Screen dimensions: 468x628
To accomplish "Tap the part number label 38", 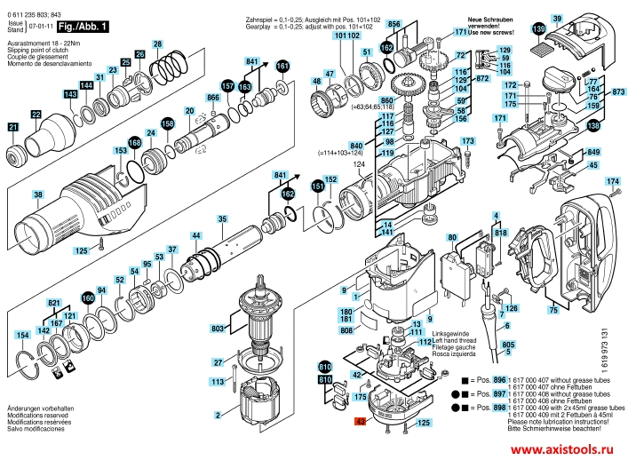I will pyautogui.click(x=37, y=194).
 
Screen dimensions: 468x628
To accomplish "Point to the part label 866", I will pyautogui.click(x=212, y=97).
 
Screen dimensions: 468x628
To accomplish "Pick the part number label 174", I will pyautogui.click(x=611, y=181).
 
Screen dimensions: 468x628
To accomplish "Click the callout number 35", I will pyautogui.click(x=222, y=218).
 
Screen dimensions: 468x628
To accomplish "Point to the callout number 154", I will pyautogui.click(x=20, y=335).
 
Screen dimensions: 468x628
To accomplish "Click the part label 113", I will pyautogui.click(x=217, y=381).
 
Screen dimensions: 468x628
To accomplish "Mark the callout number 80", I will pyautogui.click(x=451, y=237).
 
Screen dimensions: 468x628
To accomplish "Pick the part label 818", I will pyautogui.click(x=500, y=232).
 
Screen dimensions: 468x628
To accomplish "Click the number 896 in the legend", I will pyautogui.click(x=498, y=379).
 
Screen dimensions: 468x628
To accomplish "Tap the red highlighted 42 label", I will pyautogui.click(x=360, y=423).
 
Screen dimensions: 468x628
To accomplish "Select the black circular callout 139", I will pyautogui.click(x=539, y=30).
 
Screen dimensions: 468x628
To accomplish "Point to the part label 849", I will pyautogui.click(x=594, y=152).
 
